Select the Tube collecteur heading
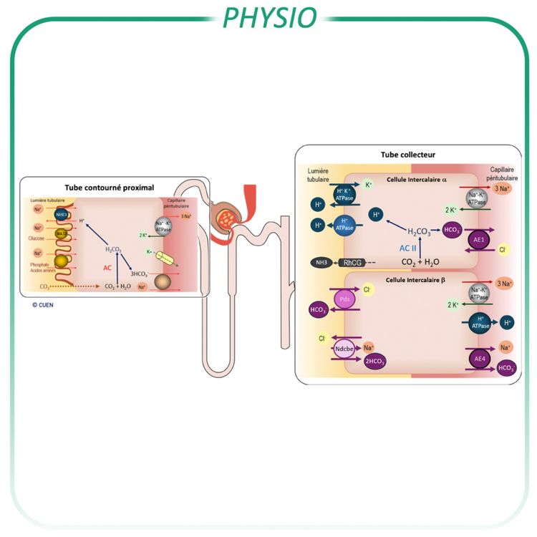coord(408,155)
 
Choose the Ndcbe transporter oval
coord(345,349)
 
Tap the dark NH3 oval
coord(321,262)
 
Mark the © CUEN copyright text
coord(42,304)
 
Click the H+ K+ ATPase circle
coord(342,193)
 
